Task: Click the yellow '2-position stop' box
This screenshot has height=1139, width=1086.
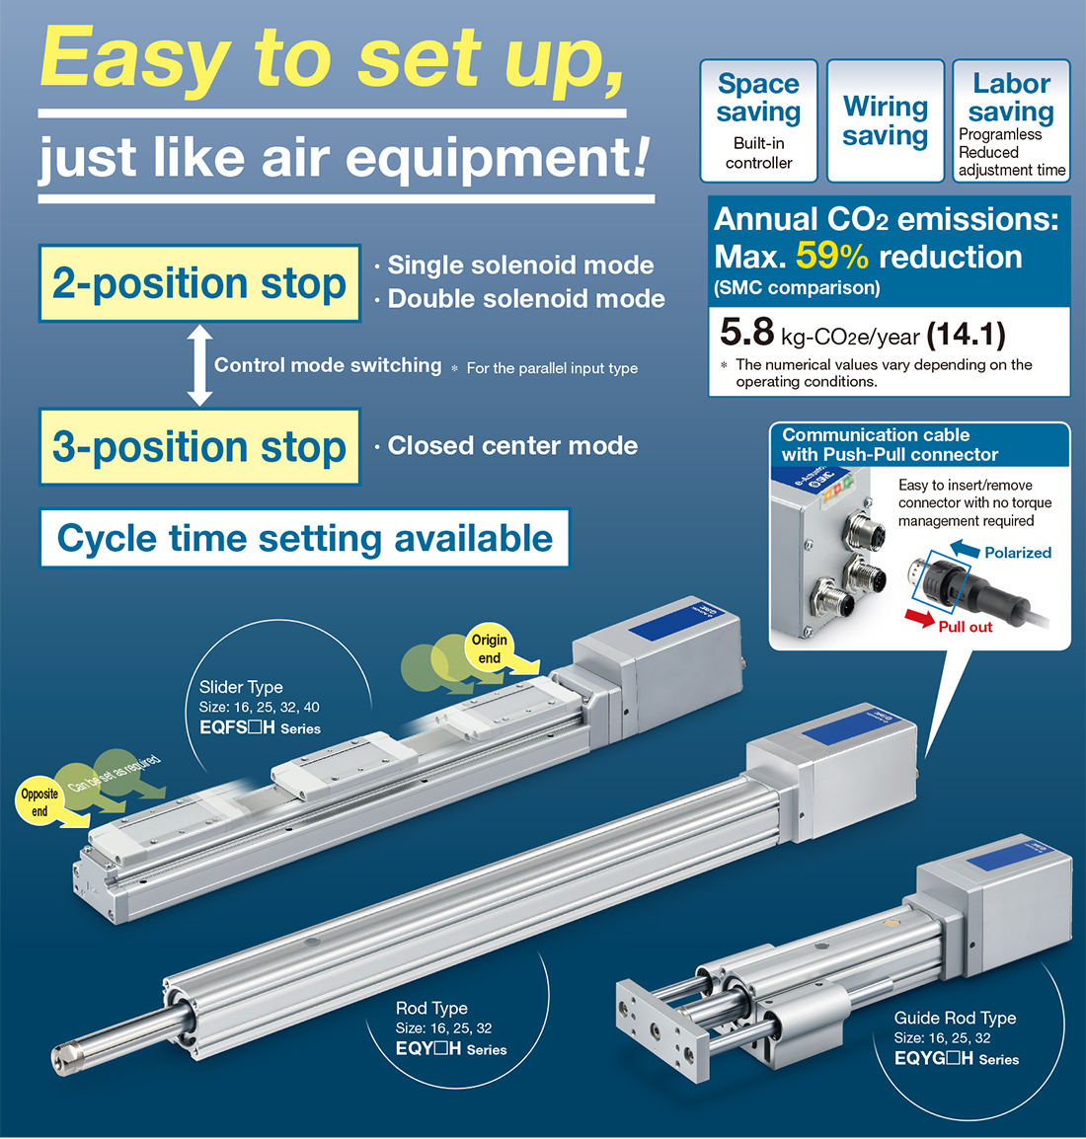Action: click(199, 283)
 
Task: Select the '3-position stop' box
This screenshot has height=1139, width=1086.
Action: click(199, 446)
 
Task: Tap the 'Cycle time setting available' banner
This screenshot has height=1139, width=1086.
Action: click(304, 538)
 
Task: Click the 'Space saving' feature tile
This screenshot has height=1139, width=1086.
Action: click(758, 120)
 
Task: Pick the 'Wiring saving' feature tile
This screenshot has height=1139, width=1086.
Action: click(886, 120)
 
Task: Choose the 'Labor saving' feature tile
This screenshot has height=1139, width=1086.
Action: click(1011, 120)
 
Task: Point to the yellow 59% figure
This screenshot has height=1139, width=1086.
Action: click(831, 256)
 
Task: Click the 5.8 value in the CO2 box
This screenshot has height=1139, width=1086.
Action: click(746, 334)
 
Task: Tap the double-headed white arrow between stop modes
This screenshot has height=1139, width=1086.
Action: click(199, 365)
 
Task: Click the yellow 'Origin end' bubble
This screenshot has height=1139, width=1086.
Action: click(490, 648)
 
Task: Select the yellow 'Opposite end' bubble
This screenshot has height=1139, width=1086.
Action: click(39, 802)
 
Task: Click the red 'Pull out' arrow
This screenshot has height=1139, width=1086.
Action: click(920, 618)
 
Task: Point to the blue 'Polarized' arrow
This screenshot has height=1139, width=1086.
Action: click(965, 549)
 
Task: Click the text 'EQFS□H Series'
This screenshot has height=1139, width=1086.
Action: click(260, 728)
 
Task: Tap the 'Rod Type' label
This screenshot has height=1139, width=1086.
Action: click(431, 1008)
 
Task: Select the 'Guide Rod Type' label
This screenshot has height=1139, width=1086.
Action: click(955, 1018)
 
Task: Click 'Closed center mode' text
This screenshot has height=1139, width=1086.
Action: click(512, 446)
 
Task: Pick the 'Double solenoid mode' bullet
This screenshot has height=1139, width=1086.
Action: click(525, 299)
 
